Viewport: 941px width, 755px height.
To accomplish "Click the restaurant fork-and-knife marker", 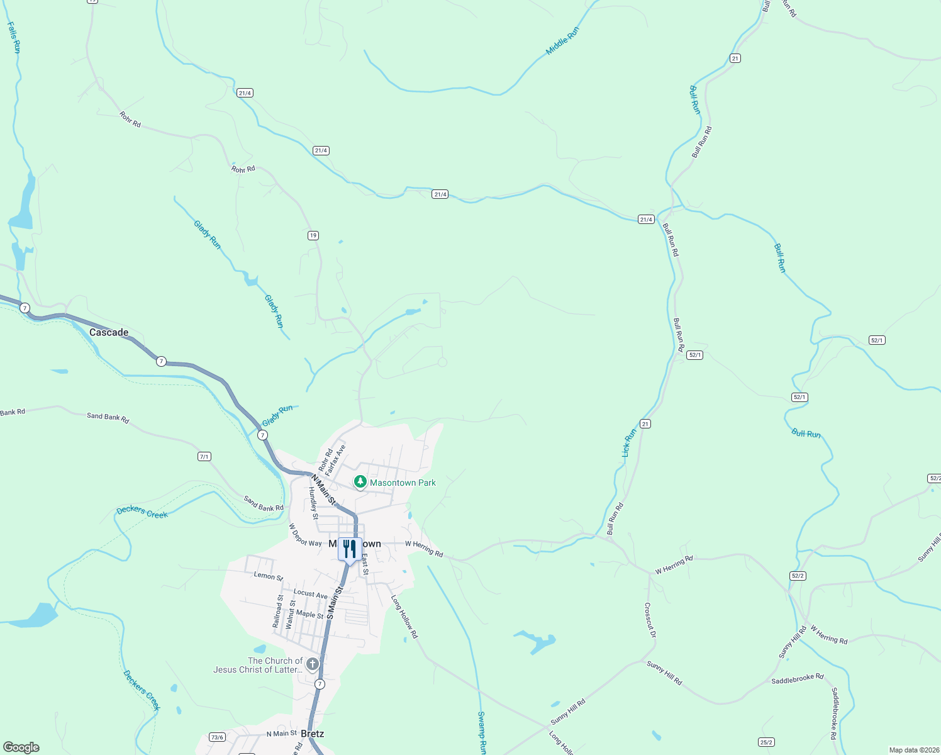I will [350, 549].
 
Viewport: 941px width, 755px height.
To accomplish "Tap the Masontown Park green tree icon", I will [360, 483].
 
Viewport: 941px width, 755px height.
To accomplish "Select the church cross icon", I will [312, 664].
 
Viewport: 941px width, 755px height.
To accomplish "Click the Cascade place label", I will [109, 332].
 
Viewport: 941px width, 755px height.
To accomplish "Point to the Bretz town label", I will [313, 734].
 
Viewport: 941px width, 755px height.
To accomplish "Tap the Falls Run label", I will [14, 37].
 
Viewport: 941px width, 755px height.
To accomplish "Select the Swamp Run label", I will [482, 733].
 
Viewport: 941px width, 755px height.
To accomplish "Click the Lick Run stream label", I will [629, 442].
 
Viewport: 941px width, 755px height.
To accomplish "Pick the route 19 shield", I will [313, 235].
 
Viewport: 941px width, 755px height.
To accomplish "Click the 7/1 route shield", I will [204, 457].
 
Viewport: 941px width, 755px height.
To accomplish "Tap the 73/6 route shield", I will [217, 737].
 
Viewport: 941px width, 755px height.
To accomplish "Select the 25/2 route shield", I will [766, 742].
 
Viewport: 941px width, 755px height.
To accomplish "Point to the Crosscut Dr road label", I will [650, 620].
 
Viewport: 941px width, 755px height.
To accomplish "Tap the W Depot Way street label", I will [305, 535].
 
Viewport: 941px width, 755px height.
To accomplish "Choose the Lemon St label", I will [268, 576].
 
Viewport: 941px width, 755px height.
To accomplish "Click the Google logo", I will [21, 747].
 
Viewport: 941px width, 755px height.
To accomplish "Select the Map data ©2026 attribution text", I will [913, 750].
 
